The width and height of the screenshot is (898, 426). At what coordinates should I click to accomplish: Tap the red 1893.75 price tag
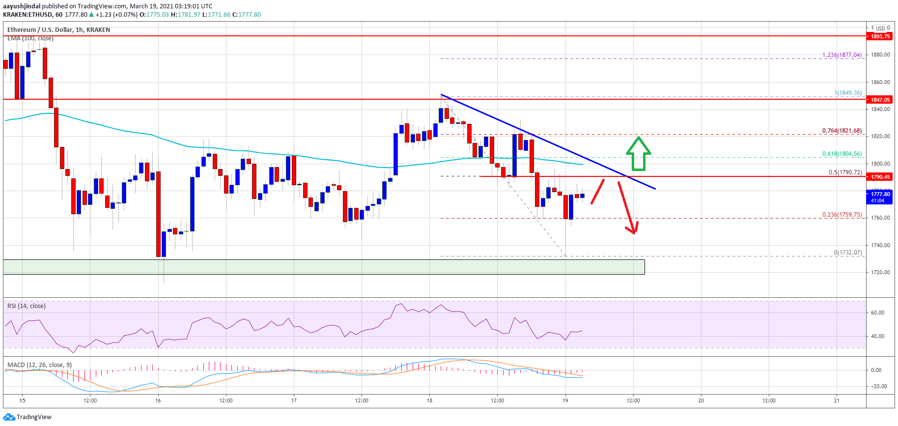[880, 36]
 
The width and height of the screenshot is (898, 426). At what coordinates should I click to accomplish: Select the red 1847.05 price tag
[880, 100]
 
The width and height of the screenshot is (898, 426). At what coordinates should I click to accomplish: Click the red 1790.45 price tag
[880, 177]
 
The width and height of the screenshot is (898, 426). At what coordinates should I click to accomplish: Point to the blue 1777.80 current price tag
[880, 197]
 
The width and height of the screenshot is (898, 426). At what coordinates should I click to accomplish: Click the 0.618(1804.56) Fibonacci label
[842, 154]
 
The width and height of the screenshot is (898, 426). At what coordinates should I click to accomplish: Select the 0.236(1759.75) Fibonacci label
[842, 215]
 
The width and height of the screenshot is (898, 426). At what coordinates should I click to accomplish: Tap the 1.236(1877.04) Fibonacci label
[842, 55]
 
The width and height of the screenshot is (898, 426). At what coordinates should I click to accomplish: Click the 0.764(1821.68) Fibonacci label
[842, 131]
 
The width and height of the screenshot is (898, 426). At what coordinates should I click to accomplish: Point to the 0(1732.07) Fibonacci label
[847, 253]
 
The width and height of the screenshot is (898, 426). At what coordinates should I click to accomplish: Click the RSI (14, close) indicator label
[27, 306]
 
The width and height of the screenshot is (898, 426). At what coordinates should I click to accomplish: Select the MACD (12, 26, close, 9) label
[39, 365]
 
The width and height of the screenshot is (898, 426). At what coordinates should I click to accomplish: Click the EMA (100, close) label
[30, 38]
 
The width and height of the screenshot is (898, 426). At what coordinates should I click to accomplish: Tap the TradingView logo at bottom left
[28, 417]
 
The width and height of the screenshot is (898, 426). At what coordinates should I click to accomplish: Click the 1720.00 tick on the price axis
[880, 272]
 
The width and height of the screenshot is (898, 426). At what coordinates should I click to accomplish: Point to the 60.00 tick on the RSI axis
[877, 312]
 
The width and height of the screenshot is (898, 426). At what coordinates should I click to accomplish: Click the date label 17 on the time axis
[294, 400]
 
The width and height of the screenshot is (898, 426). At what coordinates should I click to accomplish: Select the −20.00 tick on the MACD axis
[878, 386]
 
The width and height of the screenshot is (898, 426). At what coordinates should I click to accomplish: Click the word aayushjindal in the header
[22, 6]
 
